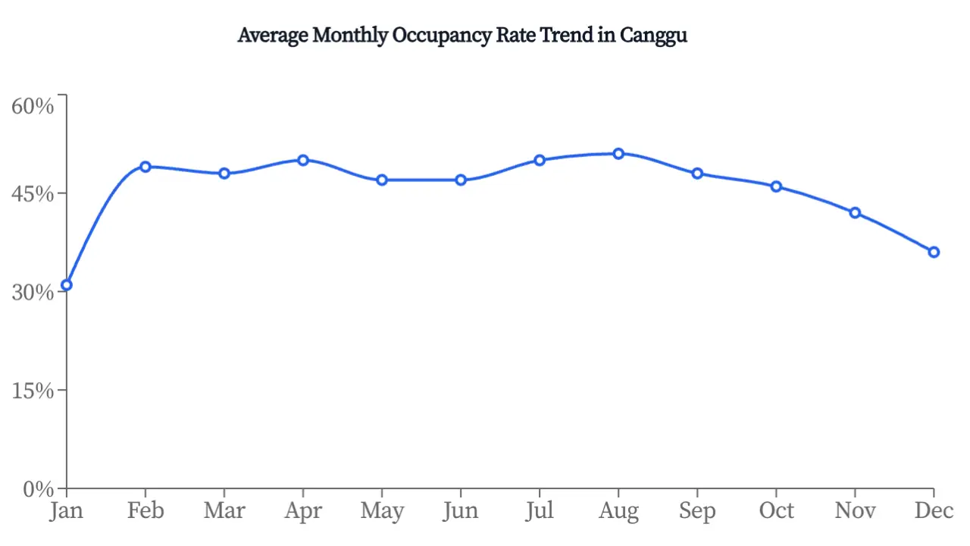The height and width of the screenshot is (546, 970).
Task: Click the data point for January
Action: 67,285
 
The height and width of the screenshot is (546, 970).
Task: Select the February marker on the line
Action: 145,167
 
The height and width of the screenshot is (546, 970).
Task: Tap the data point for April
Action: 303,160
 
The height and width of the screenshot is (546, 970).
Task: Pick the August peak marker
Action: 618,154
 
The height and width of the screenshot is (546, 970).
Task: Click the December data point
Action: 934,252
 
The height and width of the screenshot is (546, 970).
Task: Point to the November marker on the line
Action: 855,213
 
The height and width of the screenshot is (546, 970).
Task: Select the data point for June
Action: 461,180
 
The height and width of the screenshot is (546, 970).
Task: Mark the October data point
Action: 776,187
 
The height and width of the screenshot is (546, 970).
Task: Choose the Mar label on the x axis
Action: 224,511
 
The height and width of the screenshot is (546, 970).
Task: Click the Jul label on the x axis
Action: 540,511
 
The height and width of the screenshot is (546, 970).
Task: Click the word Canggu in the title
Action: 653,36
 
